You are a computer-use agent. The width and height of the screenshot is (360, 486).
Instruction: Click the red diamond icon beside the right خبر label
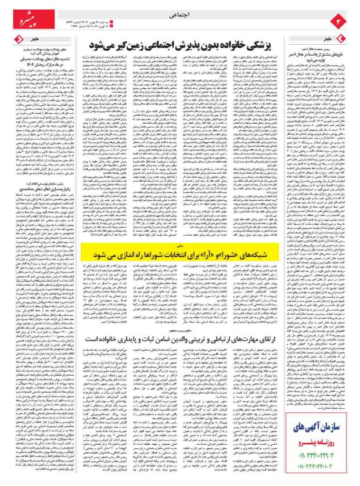[x=349, y=39]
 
